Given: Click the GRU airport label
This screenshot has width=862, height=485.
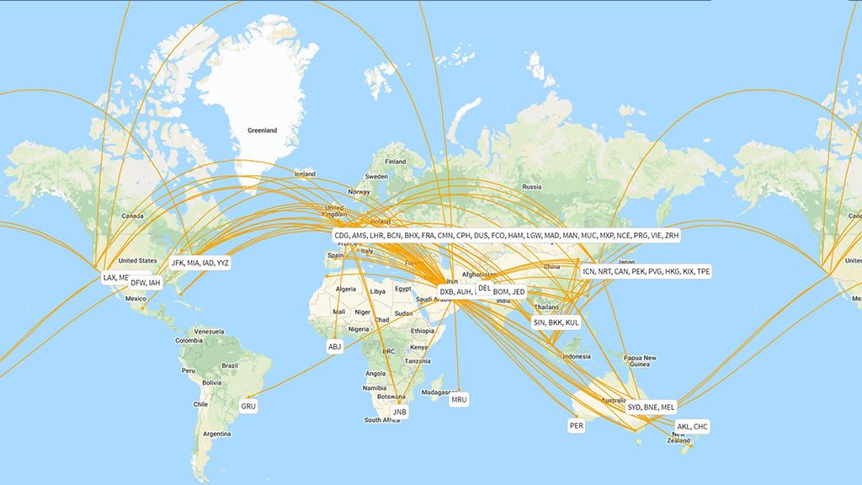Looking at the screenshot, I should [248, 406].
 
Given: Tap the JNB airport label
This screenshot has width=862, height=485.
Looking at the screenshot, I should [400, 413].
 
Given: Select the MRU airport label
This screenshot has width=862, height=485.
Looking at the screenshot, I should [459, 399].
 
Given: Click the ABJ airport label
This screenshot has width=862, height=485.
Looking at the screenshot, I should [336, 346].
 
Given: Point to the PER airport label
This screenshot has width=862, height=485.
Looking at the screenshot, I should [577, 426].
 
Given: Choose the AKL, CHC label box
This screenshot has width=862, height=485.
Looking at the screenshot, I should [693, 427].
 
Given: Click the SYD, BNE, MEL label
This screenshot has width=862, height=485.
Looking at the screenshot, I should [651, 408].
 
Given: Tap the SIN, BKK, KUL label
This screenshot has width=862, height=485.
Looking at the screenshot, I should [556, 322].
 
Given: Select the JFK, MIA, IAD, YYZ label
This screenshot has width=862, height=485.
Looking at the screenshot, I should [200, 263].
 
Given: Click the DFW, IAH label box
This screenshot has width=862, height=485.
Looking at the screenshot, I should [145, 283].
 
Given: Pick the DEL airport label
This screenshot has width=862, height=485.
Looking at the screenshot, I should [484, 288].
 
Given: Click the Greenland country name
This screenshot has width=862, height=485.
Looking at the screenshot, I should [262, 131].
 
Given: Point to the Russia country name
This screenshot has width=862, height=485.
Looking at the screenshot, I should [531, 187].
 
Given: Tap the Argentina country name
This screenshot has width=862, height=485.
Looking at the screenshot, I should [216, 434].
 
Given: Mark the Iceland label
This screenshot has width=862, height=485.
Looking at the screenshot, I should [305, 174].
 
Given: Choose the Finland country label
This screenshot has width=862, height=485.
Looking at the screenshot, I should [395, 162].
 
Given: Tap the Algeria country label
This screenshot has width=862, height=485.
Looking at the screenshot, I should [346, 289].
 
